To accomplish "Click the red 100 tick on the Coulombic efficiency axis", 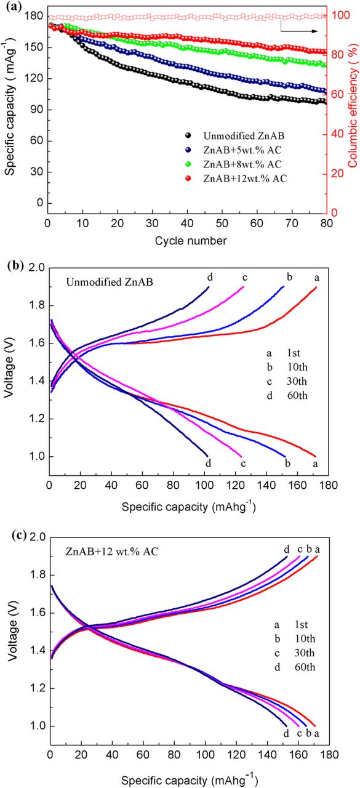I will [x=337, y=15].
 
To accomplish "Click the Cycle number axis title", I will [x=187, y=239].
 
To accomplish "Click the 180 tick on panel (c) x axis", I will [x=326, y=755].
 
